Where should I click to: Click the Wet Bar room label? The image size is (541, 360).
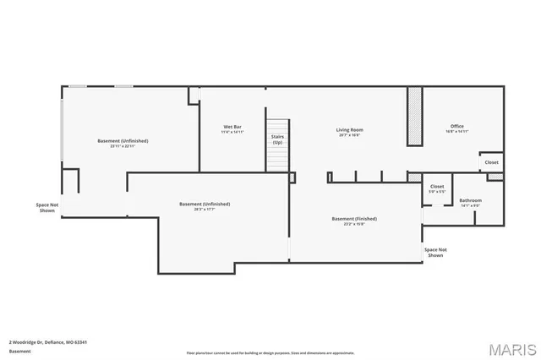232,127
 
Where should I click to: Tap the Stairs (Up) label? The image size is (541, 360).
277,139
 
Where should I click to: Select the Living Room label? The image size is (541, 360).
349,129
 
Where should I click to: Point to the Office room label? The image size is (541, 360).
456,127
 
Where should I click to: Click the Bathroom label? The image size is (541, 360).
470,200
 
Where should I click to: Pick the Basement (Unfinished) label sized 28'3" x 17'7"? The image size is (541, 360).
205,204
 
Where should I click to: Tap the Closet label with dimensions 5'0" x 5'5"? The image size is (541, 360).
437,186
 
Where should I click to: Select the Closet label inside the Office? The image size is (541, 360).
491,162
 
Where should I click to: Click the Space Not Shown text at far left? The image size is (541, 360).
47,207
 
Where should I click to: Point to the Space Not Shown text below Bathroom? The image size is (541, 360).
435,252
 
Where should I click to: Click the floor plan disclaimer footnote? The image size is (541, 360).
270,352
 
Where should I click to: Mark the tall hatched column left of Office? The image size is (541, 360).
414,117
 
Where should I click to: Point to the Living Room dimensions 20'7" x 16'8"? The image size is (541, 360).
349,135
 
